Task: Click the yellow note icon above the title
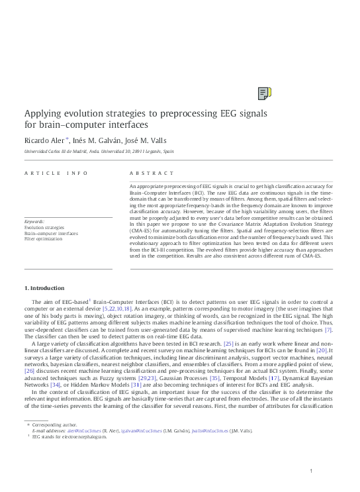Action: coord(263,93)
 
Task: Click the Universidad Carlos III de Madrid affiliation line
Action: coord(99,152)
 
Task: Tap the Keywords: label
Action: coord(34,221)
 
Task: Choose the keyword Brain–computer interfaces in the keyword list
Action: coord(51,232)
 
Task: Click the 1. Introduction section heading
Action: coord(44,288)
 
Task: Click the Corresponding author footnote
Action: coord(54,424)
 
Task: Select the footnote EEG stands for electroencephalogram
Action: coord(69,438)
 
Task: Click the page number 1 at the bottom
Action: coord(310,471)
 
